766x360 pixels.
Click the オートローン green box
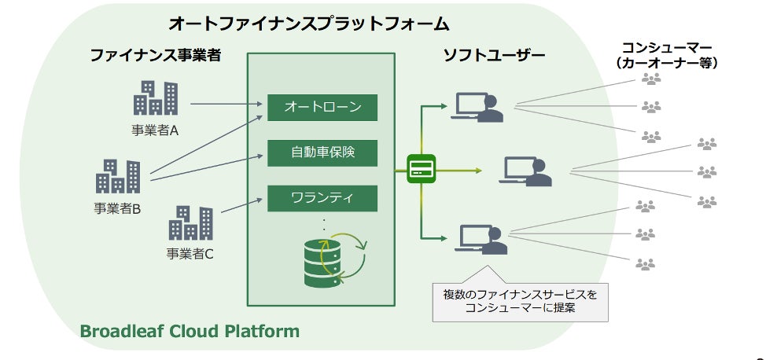(322, 108)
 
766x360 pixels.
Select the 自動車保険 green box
(322, 153)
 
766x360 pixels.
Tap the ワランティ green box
(322, 198)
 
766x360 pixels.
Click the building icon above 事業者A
(156, 97)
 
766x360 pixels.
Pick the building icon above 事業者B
(118, 176)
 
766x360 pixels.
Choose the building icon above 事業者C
(190, 222)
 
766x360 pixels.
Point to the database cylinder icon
(322, 263)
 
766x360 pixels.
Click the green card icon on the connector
(421, 169)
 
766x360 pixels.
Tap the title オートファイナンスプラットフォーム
(309, 24)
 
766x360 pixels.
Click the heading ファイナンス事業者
(156, 55)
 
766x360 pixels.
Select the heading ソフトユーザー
(494, 55)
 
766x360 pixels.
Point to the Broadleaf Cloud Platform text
(190, 331)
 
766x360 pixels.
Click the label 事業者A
(154, 130)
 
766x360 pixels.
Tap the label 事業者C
(190, 254)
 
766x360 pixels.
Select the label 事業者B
(117, 208)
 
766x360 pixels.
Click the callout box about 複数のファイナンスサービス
(521, 302)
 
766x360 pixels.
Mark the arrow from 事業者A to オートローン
(226, 104)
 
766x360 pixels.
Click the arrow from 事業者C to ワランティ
(241, 205)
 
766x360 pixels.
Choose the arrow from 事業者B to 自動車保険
(207, 168)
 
